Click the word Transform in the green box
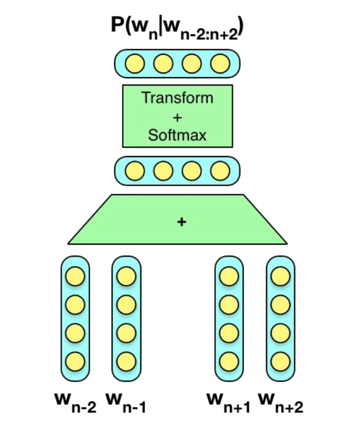tap(177, 98)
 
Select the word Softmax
tap(177, 135)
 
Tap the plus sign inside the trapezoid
tap(182, 222)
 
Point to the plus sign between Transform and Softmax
tap(177, 117)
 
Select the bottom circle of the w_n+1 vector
tap(229, 360)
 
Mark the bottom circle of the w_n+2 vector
tap(280, 360)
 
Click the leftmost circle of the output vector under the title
tap(135, 64)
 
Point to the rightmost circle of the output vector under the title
tap(220, 64)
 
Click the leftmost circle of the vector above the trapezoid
tap(135, 170)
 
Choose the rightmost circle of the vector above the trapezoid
tap(220, 170)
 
